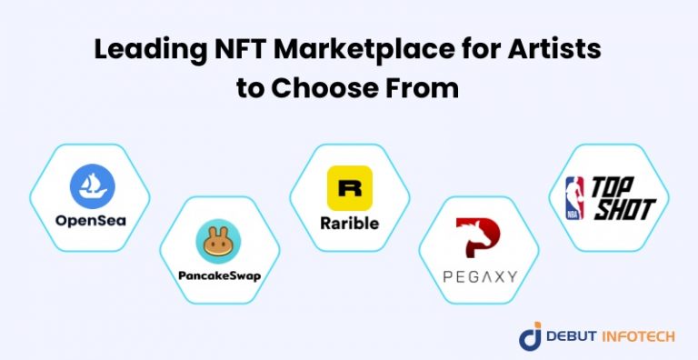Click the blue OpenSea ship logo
pos(93,189)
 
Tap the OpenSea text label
pos(93,221)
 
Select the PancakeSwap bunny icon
pos(218,245)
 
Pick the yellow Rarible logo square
pos(349,188)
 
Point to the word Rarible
pos(349,222)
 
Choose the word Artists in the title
pos(557,53)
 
